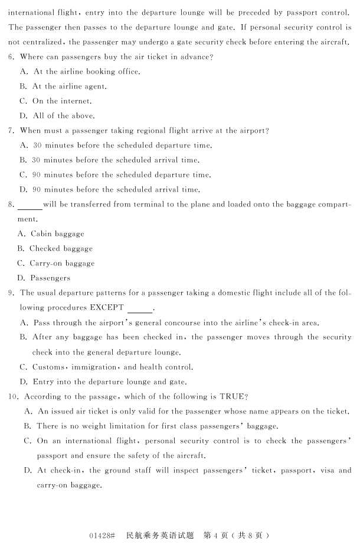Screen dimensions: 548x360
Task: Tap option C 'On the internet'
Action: [x=55, y=101]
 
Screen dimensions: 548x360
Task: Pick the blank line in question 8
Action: [x=30, y=206]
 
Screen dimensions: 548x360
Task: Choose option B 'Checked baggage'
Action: [x=54, y=248]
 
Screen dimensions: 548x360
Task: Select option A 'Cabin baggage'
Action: [x=51, y=234]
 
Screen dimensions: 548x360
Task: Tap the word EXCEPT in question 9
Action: [x=107, y=307]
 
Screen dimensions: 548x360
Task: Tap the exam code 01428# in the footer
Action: [x=102, y=535]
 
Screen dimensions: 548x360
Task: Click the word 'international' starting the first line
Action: [x=32, y=12]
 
